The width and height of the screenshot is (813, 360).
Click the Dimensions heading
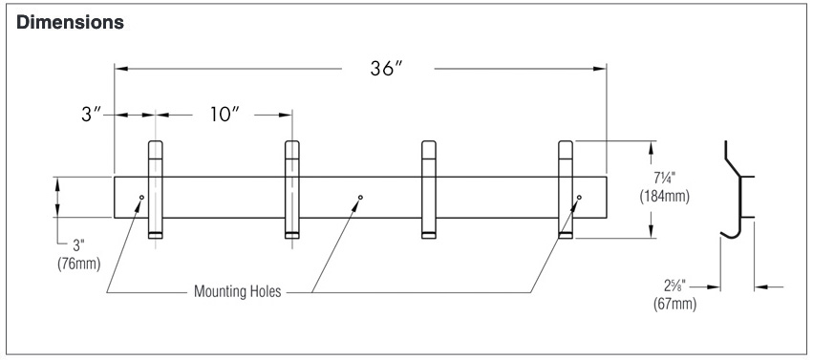70,23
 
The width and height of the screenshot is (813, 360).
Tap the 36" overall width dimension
387,69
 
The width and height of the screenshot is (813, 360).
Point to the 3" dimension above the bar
92,115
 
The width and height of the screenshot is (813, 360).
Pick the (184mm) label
664,197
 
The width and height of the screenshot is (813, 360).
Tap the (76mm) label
78,264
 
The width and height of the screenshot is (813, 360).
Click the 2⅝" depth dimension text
674,286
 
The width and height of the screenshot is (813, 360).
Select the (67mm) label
674,304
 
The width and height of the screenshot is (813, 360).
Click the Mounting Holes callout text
238,291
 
